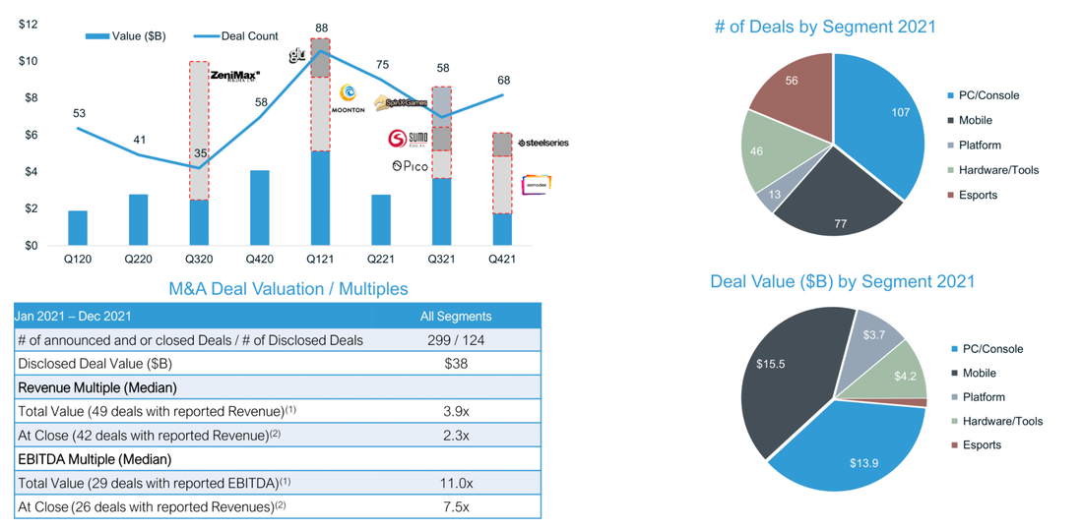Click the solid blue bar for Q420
pyautogui.click(x=259, y=207)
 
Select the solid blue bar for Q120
pyautogui.click(x=78, y=228)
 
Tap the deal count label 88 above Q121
pyautogui.click(x=321, y=28)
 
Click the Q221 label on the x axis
pyautogui.click(x=381, y=260)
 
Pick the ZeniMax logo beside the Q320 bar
pyautogui.click(x=234, y=75)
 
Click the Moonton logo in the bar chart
pyautogui.click(x=350, y=97)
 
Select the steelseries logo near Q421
pyautogui.click(x=542, y=143)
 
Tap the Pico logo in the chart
pyautogui.click(x=410, y=166)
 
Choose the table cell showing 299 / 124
pyautogui.click(x=455, y=339)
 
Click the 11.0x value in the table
pyautogui.click(x=455, y=483)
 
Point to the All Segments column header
pyautogui.click(x=455, y=316)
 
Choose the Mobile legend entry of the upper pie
pyautogui.click(x=976, y=120)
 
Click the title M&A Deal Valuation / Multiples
pyautogui.click(x=288, y=289)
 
